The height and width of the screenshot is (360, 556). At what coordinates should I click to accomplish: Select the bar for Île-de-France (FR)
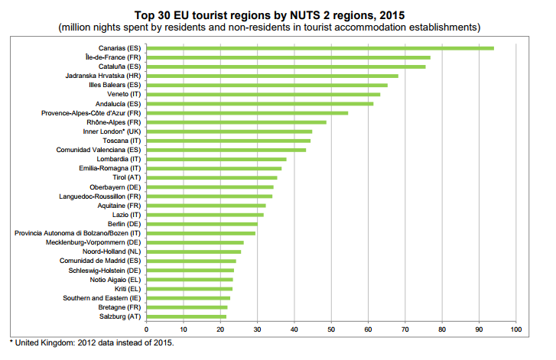tap(288, 57)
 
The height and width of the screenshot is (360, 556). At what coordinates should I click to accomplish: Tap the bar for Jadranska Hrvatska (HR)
tap(271, 76)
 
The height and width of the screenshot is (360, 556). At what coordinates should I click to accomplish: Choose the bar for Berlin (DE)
tap(201, 224)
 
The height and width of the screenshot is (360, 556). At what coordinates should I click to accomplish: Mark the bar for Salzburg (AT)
tap(186, 316)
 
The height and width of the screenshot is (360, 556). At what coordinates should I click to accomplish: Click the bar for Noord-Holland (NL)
tap(193, 251)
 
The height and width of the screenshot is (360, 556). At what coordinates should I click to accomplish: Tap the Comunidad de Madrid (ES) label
tap(100, 261)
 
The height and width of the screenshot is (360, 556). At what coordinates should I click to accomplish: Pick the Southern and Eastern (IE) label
tap(102, 298)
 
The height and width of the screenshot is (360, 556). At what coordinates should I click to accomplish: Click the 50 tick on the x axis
tap(331, 329)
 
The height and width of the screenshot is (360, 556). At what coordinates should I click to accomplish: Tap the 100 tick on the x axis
tap(516, 329)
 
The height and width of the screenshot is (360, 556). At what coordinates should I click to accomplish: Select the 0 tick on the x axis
tap(146, 329)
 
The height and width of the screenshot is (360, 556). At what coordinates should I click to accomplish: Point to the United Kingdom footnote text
tap(92, 342)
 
